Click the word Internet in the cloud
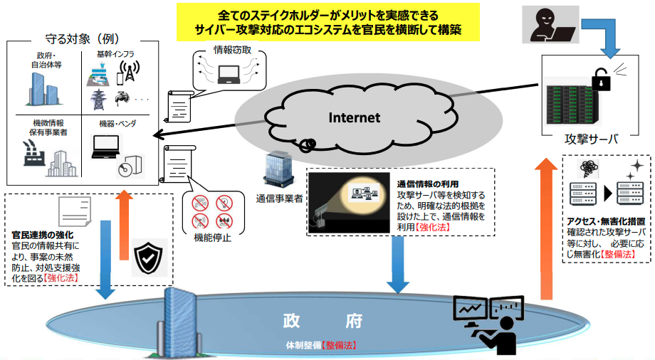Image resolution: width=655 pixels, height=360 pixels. coord(355,118)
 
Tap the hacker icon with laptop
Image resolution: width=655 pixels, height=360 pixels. coord(550,25)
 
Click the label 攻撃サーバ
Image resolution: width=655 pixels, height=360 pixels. coord(591,139)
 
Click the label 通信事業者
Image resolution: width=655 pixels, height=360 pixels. coord(279,198)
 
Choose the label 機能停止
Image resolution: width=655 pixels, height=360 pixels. coord(212,238)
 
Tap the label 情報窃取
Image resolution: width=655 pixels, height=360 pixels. coord(232,50)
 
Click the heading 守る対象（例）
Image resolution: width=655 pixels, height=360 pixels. coord(83,39)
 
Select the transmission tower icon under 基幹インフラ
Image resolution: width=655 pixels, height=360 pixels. coord(98,100)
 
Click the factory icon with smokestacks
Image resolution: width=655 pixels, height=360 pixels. coord(34,154)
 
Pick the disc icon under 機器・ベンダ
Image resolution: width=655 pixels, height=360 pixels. coord(125,170)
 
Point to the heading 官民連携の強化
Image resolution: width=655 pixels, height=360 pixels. coord(43,235)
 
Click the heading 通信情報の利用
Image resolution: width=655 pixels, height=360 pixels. coord(428,184)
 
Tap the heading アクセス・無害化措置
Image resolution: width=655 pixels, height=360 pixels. coord(606,222)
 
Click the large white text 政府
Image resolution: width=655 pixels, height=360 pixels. coord(323,321)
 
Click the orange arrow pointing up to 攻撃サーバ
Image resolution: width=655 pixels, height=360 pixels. coord(546,229)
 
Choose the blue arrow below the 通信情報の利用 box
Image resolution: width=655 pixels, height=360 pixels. coord(398,265)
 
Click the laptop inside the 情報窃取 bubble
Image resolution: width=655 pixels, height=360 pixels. coord(229,74)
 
